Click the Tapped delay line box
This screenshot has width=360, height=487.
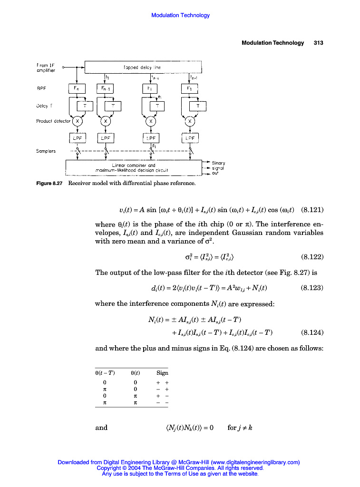pyautogui.click(x=143, y=68)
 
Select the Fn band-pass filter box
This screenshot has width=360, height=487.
pyautogui.click(x=77, y=88)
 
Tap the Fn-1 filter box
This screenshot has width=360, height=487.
pyautogui.click(x=105, y=88)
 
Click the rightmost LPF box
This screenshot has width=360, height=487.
pyautogui.click(x=190, y=138)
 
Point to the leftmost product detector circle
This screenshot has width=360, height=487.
pyautogui.click(x=77, y=121)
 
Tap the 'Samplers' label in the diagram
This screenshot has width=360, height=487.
pyautogui.click(x=46, y=151)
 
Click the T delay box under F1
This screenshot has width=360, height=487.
pyautogui.click(x=198, y=106)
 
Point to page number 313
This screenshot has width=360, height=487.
pyautogui.click(x=318, y=43)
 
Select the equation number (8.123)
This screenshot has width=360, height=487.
pyautogui.click(x=312, y=288)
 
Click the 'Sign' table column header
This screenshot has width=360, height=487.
pyautogui.click(x=162, y=373)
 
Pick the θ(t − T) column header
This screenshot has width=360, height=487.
pyautogui.click(x=105, y=373)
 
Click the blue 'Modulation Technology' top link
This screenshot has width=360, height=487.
pyautogui.click(x=180, y=15)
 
